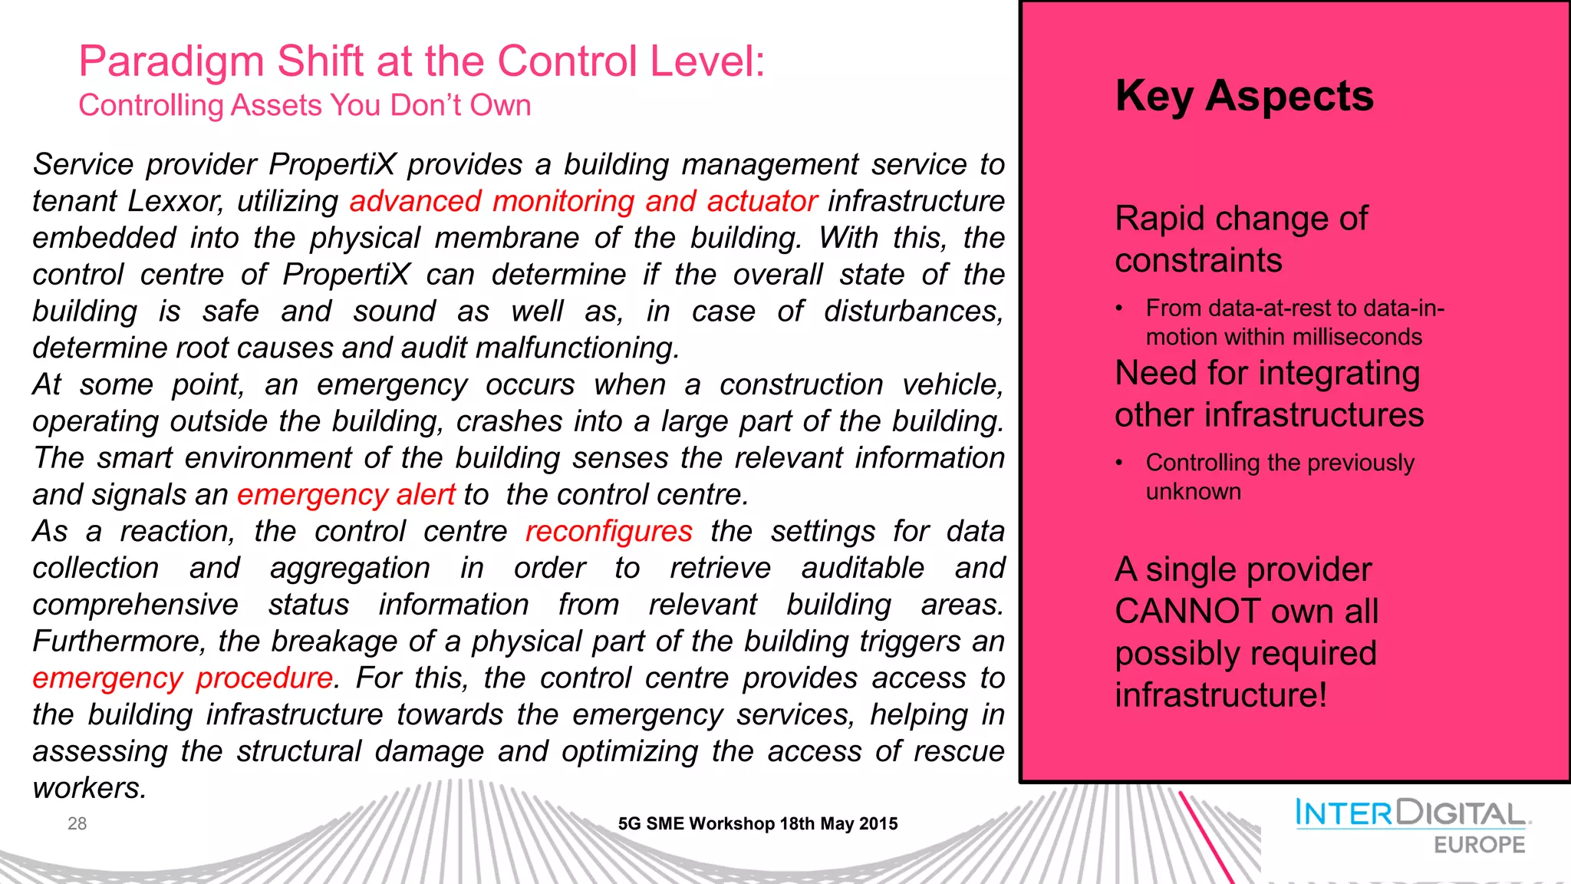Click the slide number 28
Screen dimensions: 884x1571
77,823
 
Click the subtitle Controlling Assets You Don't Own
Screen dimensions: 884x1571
305,105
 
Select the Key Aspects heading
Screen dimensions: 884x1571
1244,97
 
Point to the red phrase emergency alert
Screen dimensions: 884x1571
346,495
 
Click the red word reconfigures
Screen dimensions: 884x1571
608,531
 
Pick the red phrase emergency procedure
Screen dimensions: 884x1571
183,678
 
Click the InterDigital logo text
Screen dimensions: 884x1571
1410,813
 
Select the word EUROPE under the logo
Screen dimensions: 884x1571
1479,845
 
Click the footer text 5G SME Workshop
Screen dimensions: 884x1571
696,824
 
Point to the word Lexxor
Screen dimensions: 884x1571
175,202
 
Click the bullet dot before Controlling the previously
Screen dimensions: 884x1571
1120,463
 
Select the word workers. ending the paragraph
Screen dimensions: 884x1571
89,789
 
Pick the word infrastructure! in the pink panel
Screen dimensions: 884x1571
1220,695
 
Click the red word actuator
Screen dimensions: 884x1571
762,201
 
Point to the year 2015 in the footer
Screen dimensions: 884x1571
878,824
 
